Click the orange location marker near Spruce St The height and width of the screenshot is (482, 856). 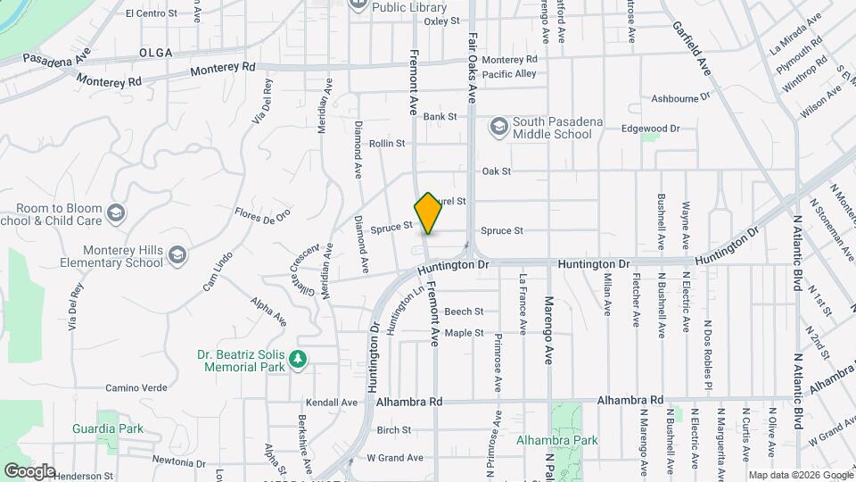(429, 212)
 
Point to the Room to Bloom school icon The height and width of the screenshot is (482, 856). (115, 213)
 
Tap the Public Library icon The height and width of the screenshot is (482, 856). (358, 4)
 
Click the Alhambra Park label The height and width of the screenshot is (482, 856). (556, 440)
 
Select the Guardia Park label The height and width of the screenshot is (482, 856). (108, 428)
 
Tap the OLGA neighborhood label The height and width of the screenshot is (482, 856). (156, 54)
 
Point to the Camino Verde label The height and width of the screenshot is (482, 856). (136, 387)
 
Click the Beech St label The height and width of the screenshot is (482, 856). (464, 312)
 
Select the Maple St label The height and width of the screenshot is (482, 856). (464, 333)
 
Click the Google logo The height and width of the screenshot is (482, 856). (29, 470)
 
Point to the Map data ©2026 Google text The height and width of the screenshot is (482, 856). (799, 475)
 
